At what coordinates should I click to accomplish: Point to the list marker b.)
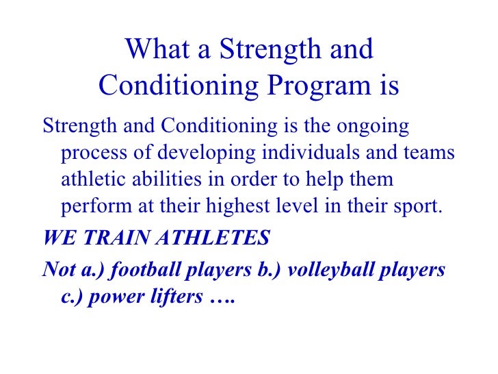tap(271, 270)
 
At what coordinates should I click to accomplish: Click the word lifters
tap(170, 297)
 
